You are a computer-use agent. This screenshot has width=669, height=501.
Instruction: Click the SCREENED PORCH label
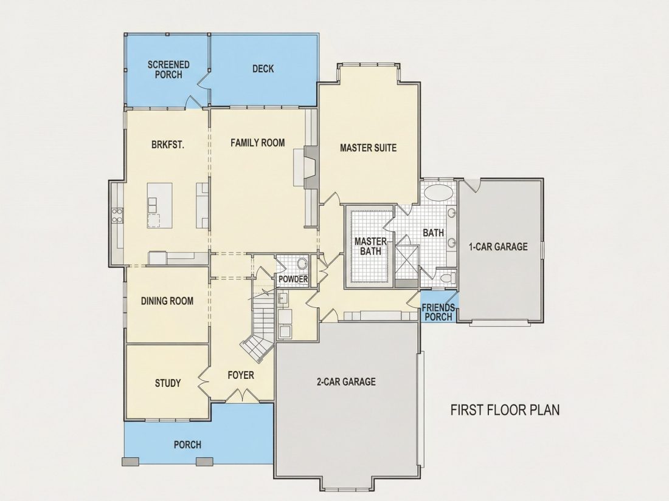(x=168, y=69)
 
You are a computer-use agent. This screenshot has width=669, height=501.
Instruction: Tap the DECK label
(x=263, y=69)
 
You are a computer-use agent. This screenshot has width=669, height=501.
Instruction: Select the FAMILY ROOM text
(x=258, y=143)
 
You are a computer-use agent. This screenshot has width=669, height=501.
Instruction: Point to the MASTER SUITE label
(x=368, y=148)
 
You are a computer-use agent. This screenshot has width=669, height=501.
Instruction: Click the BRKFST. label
(x=168, y=145)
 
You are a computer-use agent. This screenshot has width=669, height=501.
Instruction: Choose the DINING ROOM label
(x=167, y=301)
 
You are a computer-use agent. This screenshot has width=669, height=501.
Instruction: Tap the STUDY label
(x=168, y=383)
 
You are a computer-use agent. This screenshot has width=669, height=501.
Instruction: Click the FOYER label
(x=241, y=375)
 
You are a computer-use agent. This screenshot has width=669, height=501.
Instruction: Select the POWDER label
(x=293, y=279)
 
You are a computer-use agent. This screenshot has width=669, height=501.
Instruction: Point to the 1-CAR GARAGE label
(x=498, y=247)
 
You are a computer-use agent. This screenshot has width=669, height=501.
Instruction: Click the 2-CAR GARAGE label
(x=346, y=381)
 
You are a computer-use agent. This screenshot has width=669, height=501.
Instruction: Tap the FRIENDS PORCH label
(x=438, y=312)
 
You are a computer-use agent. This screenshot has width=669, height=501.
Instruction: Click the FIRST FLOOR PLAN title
(x=505, y=410)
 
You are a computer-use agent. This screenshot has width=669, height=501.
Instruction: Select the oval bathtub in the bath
(x=438, y=193)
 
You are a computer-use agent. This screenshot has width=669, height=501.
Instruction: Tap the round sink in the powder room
(x=302, y=264)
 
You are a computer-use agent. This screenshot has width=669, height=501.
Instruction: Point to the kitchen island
(x=160, y=205)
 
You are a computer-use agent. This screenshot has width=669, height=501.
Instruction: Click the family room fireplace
(x=311, y=167)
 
